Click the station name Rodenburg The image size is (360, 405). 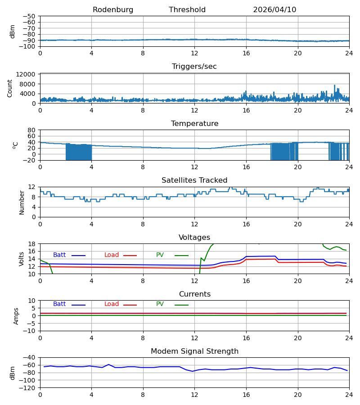click(113, 10)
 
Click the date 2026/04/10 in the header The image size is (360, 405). click(274, 10)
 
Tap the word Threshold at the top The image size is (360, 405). click(187, 10)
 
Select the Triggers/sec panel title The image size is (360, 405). click(194, 67)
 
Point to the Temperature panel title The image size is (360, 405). click(194, 123)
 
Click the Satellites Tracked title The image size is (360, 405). click(194, 180)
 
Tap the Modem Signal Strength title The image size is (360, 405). click(194, 351)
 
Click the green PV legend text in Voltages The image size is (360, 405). click(160, 255)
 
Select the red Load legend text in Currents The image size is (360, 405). click(112, 304)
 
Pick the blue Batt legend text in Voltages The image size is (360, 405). click(59, 255)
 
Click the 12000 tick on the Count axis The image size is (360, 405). click(26, 74)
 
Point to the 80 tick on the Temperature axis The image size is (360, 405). click(31, 130)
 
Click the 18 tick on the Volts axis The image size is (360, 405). click(31, 244)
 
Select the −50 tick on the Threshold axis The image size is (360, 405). click(29, 16)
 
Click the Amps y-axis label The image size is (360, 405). click(16, 316)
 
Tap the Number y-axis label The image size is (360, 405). click(22, 203)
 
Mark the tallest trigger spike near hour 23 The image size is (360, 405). click(334, 85)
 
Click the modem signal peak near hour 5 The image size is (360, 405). click(109, 364)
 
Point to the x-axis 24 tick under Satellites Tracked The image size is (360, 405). click(349, 224)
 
